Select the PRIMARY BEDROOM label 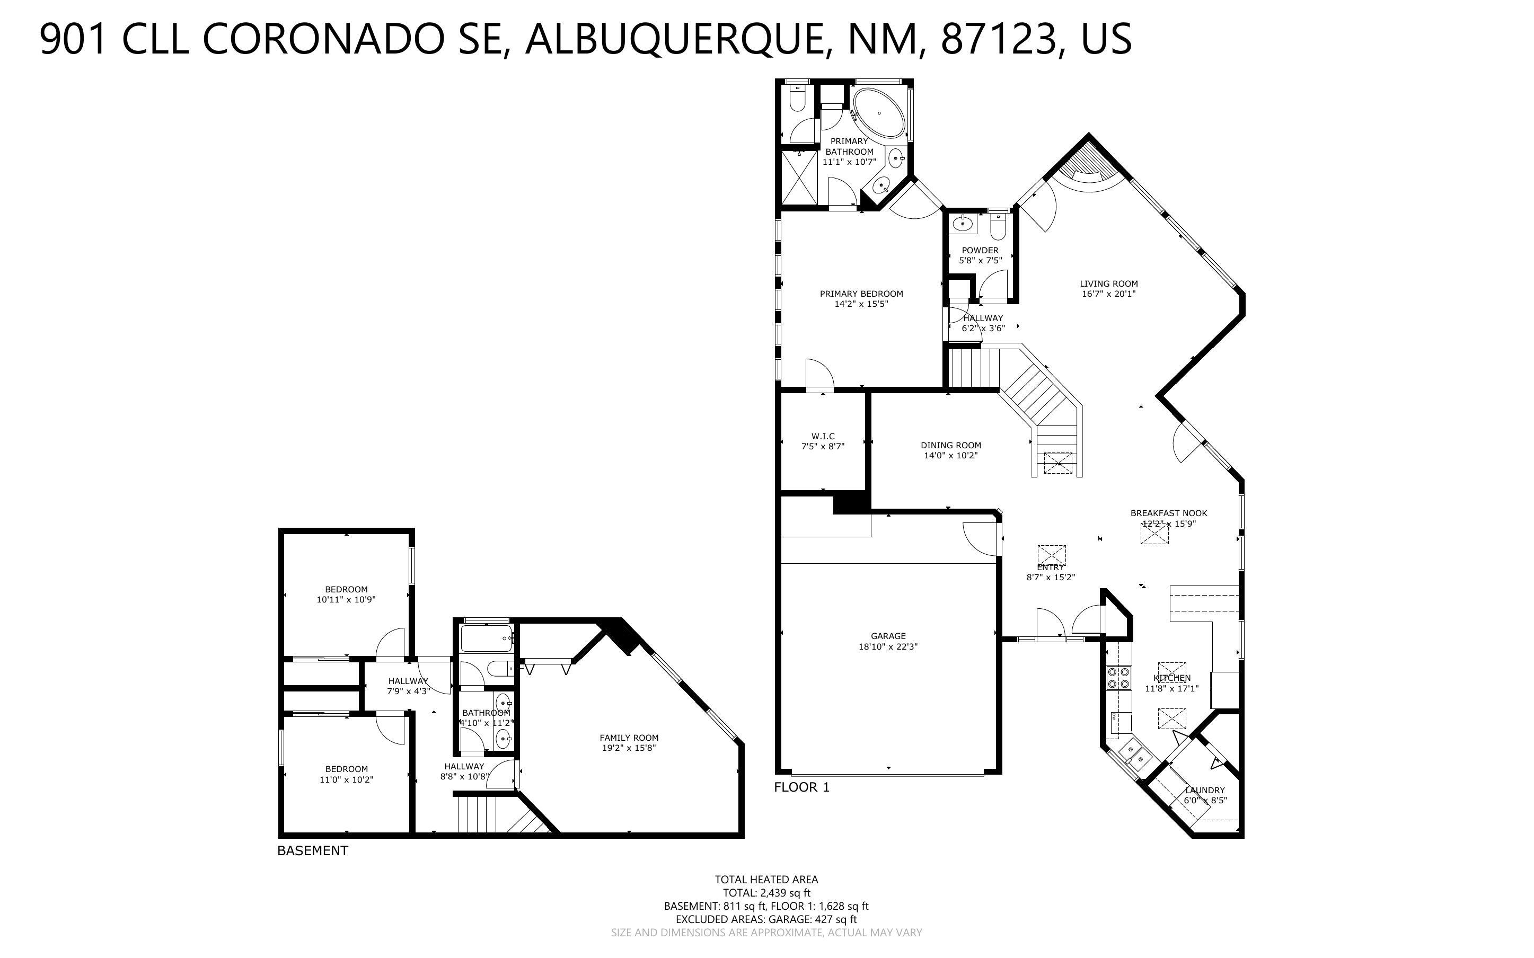(x=861, y=294)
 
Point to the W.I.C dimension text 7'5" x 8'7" (x=823, y=447)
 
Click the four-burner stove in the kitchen (x=1118, y=678)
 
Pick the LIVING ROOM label (x=1108, y=284)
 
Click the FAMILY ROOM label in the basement (x=629, y=738)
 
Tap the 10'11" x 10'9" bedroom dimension (x=346, y=599)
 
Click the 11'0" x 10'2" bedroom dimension (x=346, y=780)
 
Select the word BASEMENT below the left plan (x=312, y=851)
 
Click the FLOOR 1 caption (x=801, y=787)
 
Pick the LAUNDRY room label (x=1204, y=790)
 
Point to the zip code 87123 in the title (x=998, y=39)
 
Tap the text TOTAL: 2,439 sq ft (x=766, y=893)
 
